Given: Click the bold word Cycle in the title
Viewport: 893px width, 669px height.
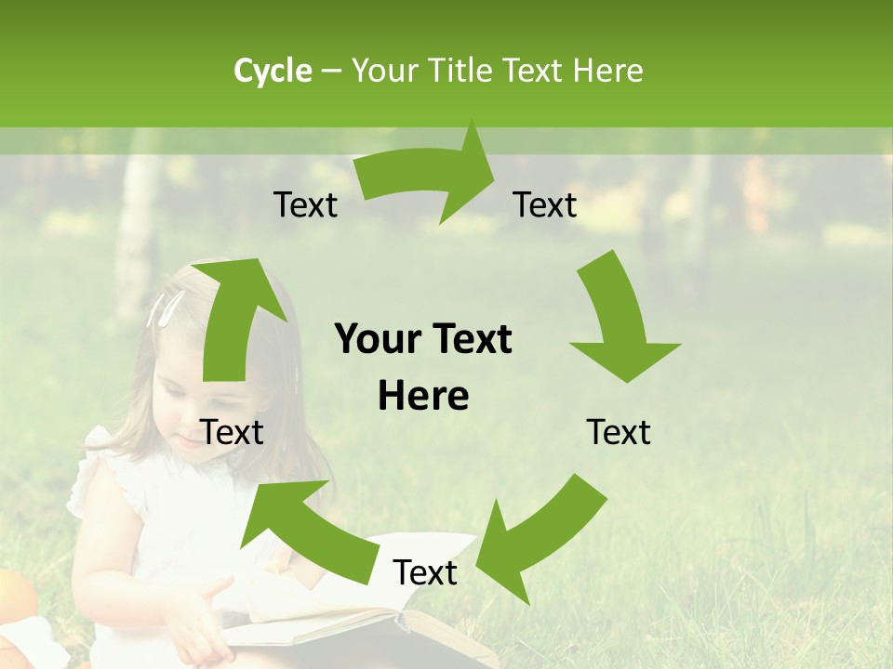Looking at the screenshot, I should tap(273, 71).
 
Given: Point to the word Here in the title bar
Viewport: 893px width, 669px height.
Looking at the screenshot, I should tap(605, 71).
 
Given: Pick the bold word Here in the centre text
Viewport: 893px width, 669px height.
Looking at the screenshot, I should tap(423, 397).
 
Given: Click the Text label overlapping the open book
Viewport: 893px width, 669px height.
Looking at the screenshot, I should tap(425, 573).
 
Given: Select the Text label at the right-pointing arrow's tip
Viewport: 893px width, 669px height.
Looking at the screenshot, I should tap(545, 205).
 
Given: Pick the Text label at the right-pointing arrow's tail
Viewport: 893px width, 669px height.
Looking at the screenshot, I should tap(305, 205).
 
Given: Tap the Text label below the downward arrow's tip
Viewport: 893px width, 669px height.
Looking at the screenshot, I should tap(619, 433).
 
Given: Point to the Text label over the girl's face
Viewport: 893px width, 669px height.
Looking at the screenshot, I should tap(233, 433).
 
